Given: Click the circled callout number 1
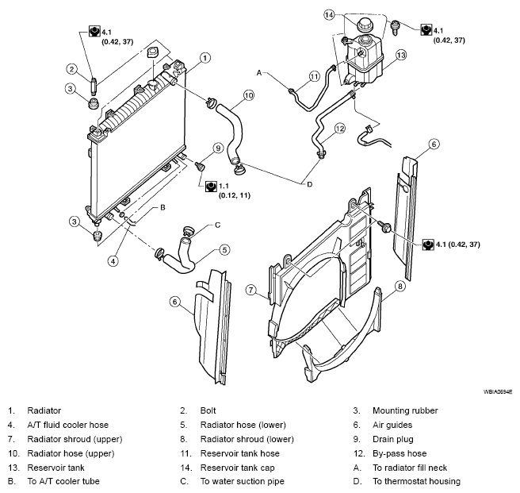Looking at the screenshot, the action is pos(205,58).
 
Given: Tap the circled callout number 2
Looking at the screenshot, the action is pos(71,69).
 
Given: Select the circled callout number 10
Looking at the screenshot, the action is pos(248,95).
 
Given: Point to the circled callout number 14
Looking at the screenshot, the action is pos(329,14).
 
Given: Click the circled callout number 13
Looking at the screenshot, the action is pos(401,55).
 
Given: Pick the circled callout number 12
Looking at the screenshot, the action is pos(340,129).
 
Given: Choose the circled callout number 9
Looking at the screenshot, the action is pos(218,148).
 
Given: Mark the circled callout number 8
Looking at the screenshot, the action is pos(400,286).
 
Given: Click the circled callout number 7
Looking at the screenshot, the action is pos(251,290).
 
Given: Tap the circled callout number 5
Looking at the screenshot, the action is pos(224,249).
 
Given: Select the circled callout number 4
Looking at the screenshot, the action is pos(113,261).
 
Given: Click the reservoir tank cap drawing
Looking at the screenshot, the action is pos(365,25).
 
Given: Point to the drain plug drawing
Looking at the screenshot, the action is pos(200,166).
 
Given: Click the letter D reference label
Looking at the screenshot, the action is pos(310,184).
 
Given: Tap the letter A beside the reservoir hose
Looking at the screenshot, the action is pos(259,72).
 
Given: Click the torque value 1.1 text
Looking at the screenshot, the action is pos(224,186).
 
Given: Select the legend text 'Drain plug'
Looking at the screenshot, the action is pos(393,439).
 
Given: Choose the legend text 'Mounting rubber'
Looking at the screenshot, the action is pos(405,410).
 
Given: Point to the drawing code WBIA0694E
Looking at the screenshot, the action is pos(498,392).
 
